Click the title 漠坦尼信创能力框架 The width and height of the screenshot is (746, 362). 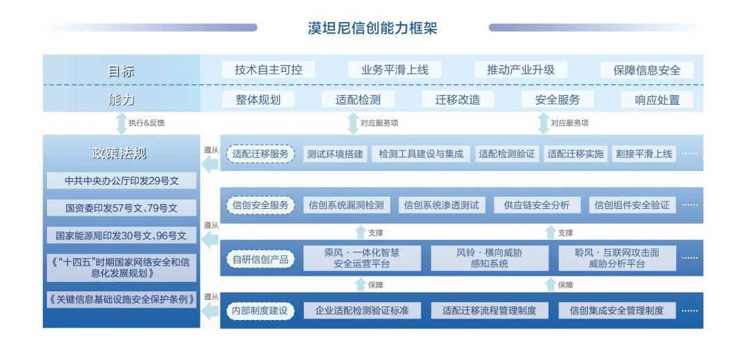tap(372, 28)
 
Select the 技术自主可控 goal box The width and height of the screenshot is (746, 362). tap(268, 70)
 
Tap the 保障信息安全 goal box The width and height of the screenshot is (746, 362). tap(647, 70)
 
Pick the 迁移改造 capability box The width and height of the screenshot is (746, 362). tap(458, 99)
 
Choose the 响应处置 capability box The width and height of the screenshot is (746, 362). tap(657, 100)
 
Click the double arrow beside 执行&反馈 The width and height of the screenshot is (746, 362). tap(121, 123)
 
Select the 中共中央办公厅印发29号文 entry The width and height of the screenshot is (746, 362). tap(122, 181)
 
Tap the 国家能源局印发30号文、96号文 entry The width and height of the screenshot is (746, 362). tap(122, 235)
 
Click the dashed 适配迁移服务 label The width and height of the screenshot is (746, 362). tap(260, 154)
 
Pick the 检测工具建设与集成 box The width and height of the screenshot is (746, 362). tap(421, 154)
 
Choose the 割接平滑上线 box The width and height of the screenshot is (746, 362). tap(644, 154)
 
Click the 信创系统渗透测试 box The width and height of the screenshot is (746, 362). tap(441, 205)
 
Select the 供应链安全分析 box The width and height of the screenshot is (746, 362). tap(537, 205)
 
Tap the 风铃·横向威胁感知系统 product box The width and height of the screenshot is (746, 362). tap(490, 258)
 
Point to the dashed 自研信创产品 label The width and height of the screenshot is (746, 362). tap(260, 259)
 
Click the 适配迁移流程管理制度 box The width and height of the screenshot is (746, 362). tap(490, 311)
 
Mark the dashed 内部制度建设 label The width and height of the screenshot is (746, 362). tap(260, 311)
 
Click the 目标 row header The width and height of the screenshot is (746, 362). tap(122, 70)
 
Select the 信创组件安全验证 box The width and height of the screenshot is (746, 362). tap(632, 205)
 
